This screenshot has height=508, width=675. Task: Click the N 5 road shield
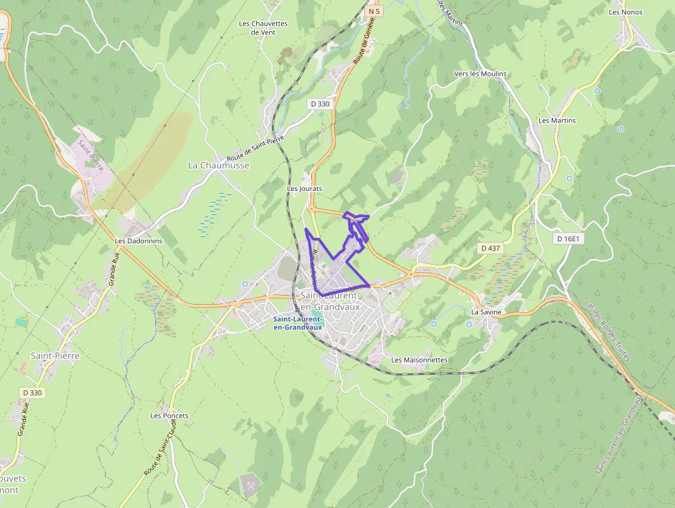click(373, 11)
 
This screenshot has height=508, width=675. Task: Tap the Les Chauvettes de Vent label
click(263, 28)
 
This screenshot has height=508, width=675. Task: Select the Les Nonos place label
click(625, 12)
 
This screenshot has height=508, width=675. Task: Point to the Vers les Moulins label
click(480, 74)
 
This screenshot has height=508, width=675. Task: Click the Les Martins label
click(557, 121)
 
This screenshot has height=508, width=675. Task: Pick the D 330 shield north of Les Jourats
click(320, 103)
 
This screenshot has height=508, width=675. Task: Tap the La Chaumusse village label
click(218, 165)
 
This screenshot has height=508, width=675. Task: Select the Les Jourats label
click(304, 188)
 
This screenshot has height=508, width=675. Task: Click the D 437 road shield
click(490, 247)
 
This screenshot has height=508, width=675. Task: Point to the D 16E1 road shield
click(569, 238)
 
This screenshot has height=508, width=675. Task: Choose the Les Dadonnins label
click(138, 241)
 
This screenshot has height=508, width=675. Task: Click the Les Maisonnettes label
click(419, 360)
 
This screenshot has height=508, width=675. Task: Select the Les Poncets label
click(169, 416)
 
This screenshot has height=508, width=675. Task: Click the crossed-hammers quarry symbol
click(248, 485)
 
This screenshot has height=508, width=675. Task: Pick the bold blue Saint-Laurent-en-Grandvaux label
click(298, 323)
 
